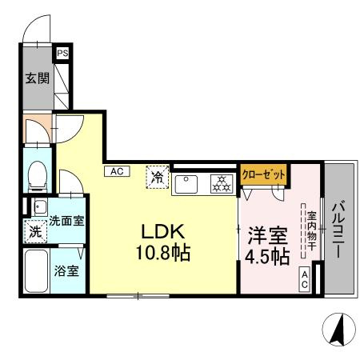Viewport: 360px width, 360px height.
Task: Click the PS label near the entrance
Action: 62,54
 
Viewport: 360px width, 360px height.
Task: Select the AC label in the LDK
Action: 116,170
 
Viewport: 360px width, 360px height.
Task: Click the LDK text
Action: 164,231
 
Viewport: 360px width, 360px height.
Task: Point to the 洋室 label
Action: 266,237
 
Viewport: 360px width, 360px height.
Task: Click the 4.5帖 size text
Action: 266,258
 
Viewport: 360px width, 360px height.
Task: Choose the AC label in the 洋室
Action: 306,279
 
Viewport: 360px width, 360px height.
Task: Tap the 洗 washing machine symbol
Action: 35,233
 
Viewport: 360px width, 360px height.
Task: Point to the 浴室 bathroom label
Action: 66,270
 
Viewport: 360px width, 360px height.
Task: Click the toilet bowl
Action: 37,174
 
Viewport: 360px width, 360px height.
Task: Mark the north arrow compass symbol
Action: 338,329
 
